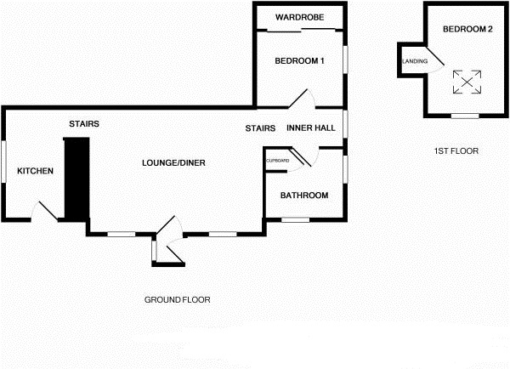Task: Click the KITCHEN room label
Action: pyautogui.click(x=35, y=171)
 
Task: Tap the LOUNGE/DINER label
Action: pyautogui.click(x=174, y=162)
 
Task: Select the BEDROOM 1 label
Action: pyautogui.click(x=299, y=60)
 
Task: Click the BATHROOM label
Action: pyautogui.click(x=304, y=196)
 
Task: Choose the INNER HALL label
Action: pyautogui.click(x=311, y=128)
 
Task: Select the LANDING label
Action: pyautogui.click(x=415, y=60)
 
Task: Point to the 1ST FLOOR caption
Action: pyautogui.click(x=456, y=150)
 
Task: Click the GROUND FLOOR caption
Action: pyautogui.click(x=177, y=299)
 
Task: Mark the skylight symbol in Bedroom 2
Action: pyautogui.click(x=465, y=82)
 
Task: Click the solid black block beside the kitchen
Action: pyautogui.click(x=76, y=179)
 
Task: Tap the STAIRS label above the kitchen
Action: pyautogui.click(x=84, y=124)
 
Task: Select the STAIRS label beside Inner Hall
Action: pyautogui.click(x=260, y=128)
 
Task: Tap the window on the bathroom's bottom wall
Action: pyautogui.click(x=295, y=219)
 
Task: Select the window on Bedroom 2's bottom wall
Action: pyautogui.click(x=463, y=115)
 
